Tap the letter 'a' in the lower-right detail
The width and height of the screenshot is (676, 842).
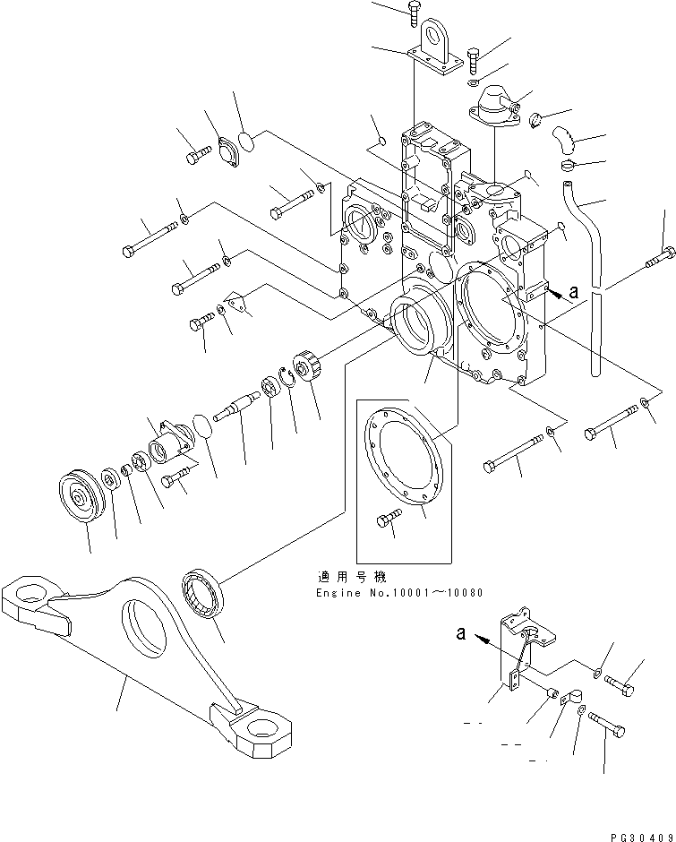coord(460,634)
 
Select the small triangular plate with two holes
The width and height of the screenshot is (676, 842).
coord(238,304)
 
